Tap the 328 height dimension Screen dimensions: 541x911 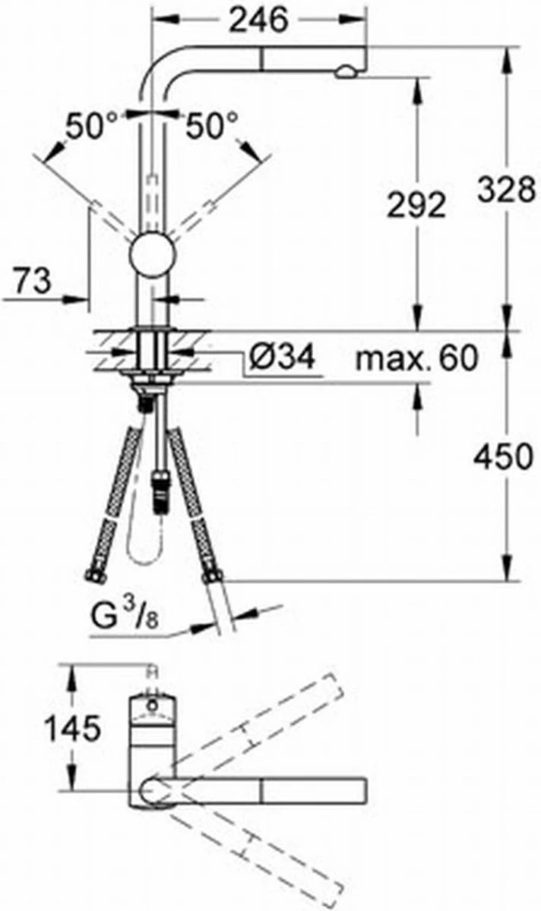[506, 191]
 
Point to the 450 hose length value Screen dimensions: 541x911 [503, 456]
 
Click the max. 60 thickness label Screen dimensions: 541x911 [416, 358]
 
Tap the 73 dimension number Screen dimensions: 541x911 [33, 280]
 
